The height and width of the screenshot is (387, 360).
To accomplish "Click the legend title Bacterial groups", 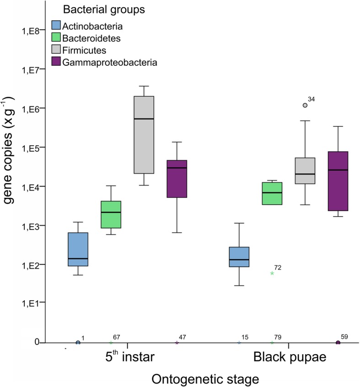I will click(x=95, y=9).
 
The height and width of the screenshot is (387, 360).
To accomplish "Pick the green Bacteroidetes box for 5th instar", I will click(x=111, y=214).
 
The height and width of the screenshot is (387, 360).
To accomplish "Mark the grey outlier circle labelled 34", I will click(x=305, y=105).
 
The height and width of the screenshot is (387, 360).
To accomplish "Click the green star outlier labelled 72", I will click(x=272, y=273).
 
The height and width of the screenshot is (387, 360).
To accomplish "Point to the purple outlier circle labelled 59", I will click(x=338, y=343).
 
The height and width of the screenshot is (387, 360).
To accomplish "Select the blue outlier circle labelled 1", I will click(x=78, y=343).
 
